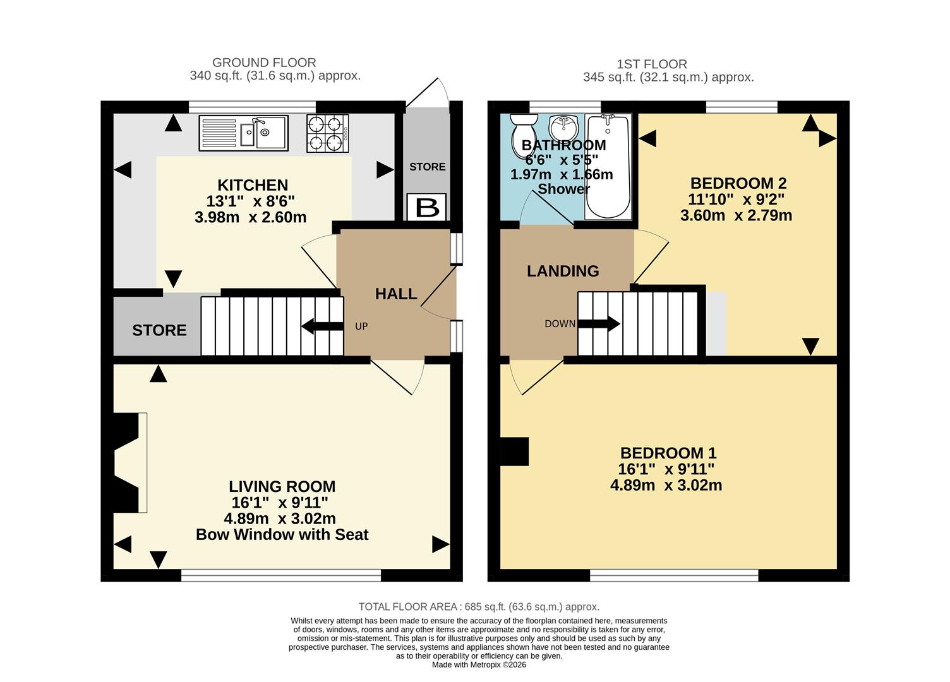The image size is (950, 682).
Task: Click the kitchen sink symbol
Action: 244,133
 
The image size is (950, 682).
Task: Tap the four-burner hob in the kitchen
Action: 327,133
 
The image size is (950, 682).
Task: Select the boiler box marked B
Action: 428,207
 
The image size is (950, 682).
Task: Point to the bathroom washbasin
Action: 563,128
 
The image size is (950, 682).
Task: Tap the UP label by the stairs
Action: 361,326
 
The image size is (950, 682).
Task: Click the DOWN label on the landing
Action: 560,324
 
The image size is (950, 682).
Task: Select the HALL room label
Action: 396,294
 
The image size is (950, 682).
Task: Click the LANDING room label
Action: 563,271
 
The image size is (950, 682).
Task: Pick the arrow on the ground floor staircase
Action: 322,326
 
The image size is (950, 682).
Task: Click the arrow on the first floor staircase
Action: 599,324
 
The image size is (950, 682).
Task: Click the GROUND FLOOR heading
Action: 264,63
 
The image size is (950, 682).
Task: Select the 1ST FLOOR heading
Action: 652,64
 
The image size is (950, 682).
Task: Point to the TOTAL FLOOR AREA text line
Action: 479,607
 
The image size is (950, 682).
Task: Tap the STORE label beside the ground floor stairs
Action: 159,330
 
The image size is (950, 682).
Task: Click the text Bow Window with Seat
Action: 282,535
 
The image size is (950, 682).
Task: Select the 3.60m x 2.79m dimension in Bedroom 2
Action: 736,215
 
